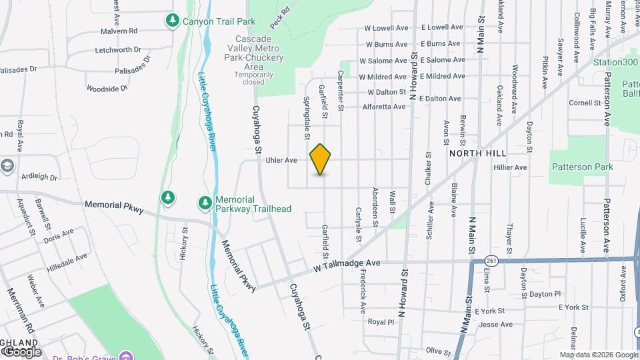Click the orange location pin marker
point(321,159)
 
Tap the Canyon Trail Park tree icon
point(173,21)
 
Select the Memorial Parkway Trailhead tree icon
point(205,202)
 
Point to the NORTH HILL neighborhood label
point(475,153)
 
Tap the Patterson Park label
point(582,167)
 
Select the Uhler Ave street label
point(281,160)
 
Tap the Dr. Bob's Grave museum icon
point(123,354)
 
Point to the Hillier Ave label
point(510,167)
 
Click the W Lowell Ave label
point(385,29)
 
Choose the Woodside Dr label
point(107,88)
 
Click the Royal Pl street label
point(381,321)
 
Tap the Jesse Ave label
point(495,325)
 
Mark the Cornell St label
point(585,103)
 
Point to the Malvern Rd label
point(119,31)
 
